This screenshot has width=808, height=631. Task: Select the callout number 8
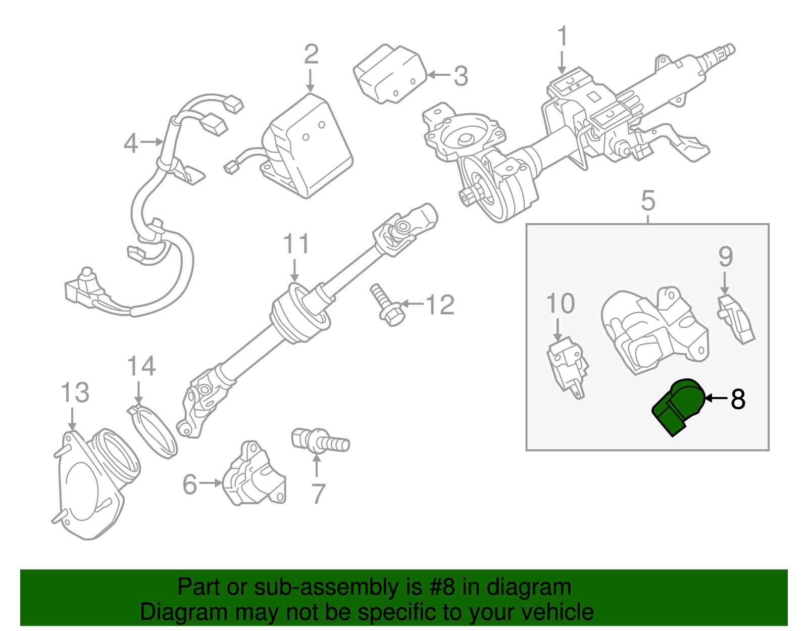(738, 399)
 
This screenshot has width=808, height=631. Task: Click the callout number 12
(440, 305)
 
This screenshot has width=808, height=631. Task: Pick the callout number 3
(461, 76)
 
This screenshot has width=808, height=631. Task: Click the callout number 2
(311, 55)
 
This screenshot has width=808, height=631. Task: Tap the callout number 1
(562, 37)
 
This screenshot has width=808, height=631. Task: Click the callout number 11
(296, 244)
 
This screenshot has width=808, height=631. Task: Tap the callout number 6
(189, 484)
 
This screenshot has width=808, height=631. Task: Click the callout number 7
(318, 494)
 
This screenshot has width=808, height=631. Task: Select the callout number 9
(725, 257)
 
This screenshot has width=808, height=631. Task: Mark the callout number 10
(560, 304)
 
